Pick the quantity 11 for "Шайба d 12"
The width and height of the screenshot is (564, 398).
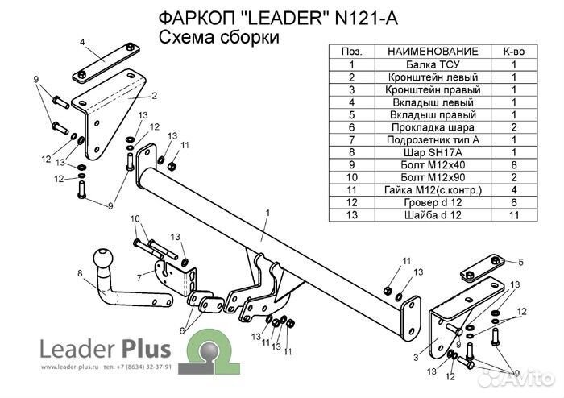514,214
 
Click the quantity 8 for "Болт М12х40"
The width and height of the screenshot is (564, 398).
514,164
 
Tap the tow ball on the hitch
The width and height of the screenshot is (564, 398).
106,259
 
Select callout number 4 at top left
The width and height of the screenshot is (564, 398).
82,40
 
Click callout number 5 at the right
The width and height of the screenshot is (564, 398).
520,263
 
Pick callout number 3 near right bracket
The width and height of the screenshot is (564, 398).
416,358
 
